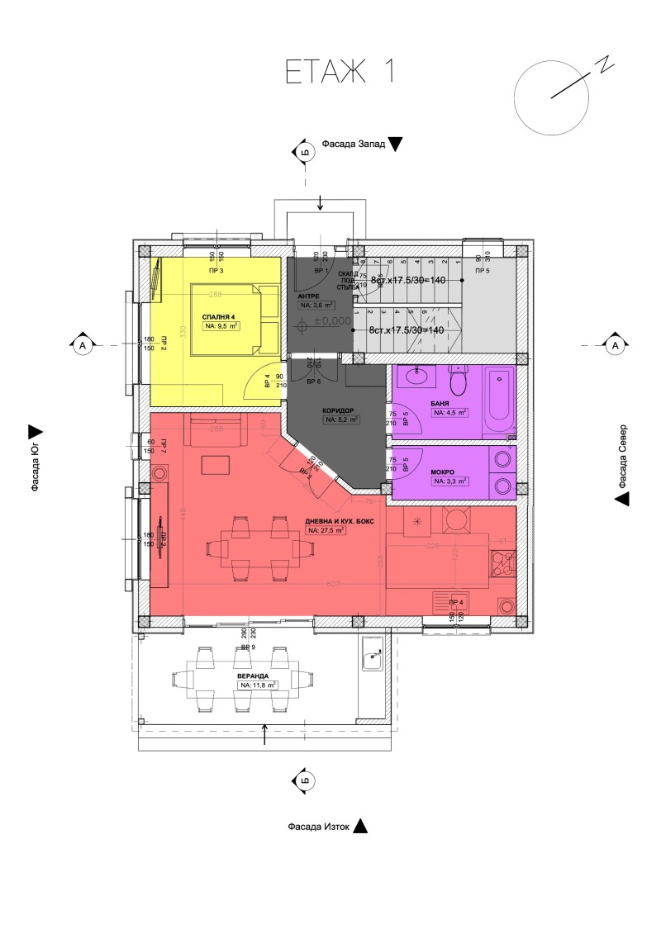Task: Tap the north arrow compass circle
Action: (549, 96)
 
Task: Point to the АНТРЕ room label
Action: (309, 295)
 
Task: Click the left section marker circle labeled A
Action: (83, 345)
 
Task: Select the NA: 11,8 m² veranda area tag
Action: (256, 685)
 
